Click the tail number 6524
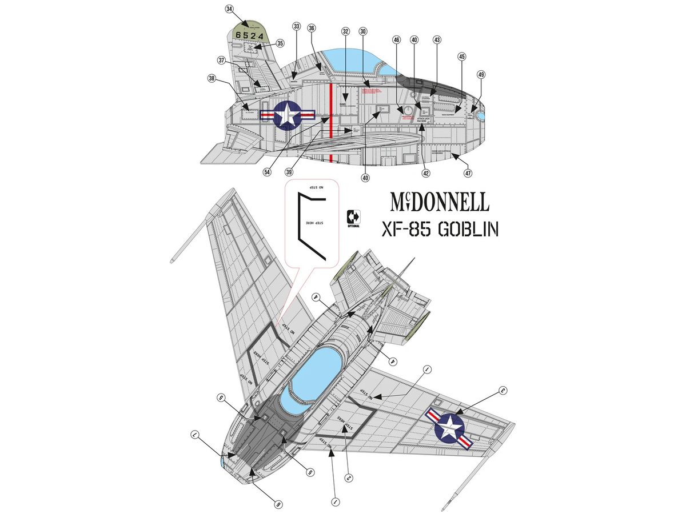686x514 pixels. [249, 35]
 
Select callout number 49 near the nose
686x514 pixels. [481, 75]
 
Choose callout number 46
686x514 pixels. [397, 40]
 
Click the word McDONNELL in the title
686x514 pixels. [440, 202]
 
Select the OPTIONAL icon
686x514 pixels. [354, 218]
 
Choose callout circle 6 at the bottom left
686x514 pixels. [278, 504]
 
